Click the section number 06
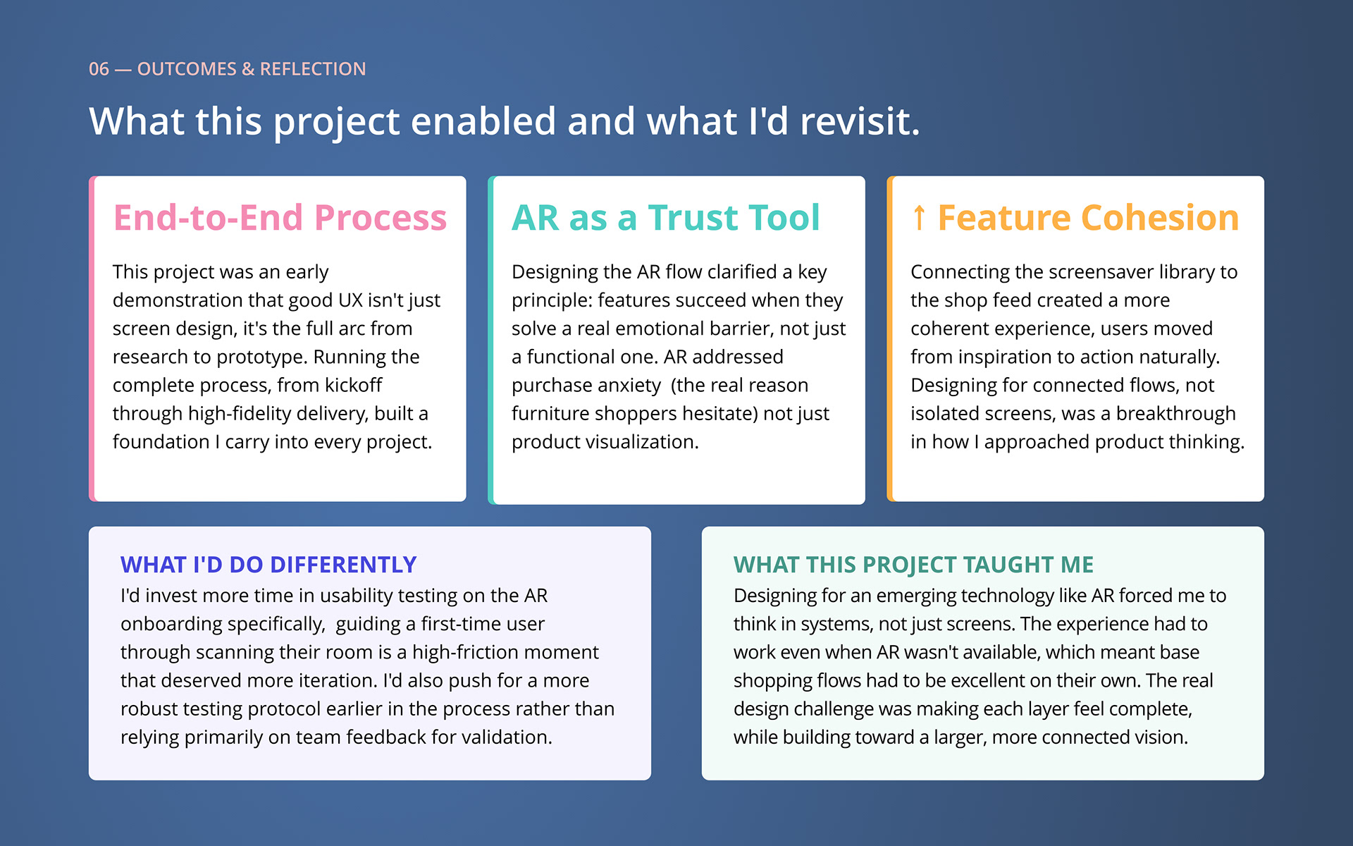(99, 69)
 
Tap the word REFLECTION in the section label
(313, 69)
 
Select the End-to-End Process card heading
(280, 218)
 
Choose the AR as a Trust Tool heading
(666, 218)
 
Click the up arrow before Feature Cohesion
(919, 218)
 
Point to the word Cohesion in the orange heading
(1160, 218)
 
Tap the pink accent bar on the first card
(92, 339)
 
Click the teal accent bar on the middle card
(490, 341)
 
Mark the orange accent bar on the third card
(889, 339)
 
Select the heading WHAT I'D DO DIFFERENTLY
(268, 565)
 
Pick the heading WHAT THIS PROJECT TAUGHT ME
(913, 565)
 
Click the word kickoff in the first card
(353, 385)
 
